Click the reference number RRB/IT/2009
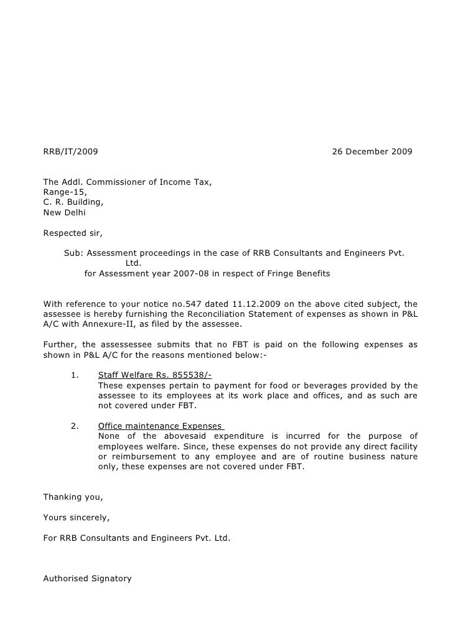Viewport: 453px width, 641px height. (x=70, y=151)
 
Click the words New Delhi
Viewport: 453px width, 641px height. (x=64, y=213)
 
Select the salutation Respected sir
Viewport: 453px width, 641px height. (x=73, y=234)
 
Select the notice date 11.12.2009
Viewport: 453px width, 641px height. (x=248, y=304)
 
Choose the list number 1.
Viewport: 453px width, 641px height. (x=75, y=375)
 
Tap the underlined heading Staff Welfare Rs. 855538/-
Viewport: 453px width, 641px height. (x=155, y=375)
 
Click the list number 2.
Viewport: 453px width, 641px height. (x=75, y=426)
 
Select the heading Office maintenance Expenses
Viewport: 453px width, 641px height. (x=160, y=426)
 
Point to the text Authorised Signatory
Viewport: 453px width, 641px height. (x=87, y=578)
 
